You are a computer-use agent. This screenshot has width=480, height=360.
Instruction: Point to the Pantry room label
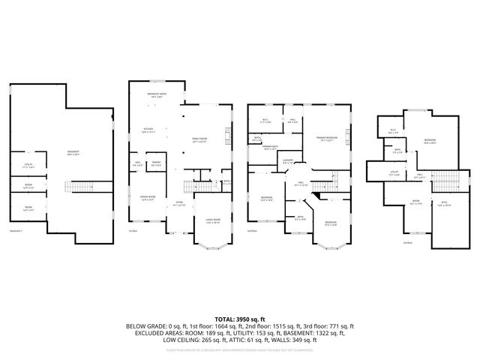pyautogui.click(x=156, y=164)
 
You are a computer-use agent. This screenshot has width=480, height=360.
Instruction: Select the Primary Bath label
pyautogui.click(x=271, y=148)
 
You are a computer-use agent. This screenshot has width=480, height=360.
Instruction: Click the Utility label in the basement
pyautogui.click(x=28, y=165)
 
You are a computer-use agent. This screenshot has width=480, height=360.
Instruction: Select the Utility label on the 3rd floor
pyautogui.click(x=394, y=173)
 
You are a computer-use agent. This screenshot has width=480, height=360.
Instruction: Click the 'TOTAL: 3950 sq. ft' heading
pyautogui.click(x=240, y=319)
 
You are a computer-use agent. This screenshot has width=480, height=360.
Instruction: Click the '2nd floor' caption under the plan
pyautogui.click(x=252, y=232)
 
